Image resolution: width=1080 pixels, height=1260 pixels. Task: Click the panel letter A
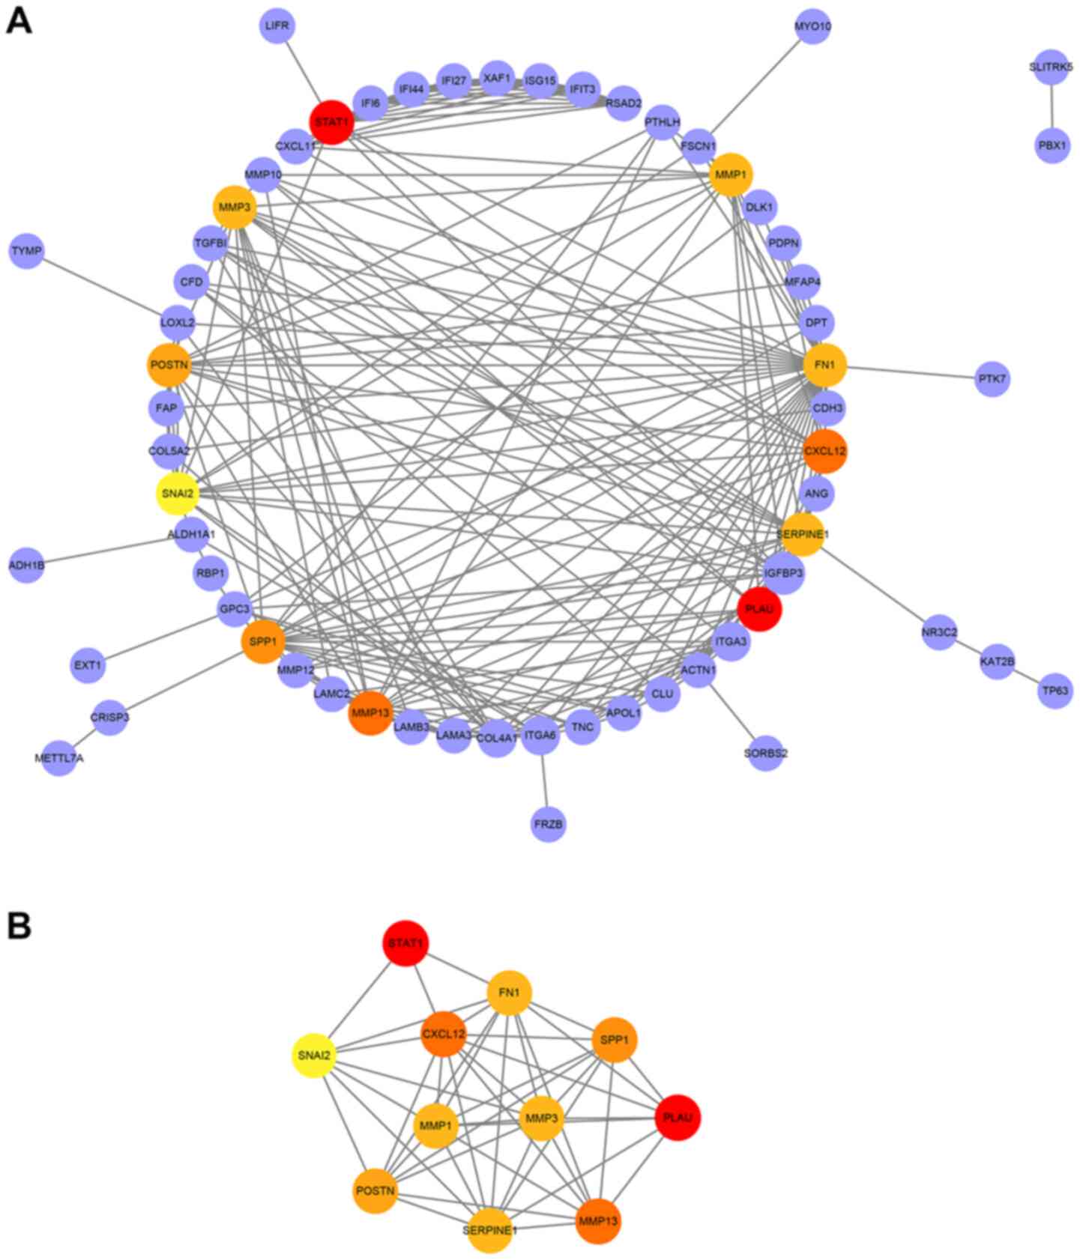point(19,21)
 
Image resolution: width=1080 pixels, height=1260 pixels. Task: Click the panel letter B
point(19,926)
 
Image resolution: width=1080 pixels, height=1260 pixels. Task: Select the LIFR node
point(277,26)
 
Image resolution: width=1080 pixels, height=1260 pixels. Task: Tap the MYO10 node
point(812,27)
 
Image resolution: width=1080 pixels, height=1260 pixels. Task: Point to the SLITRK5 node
point(1051,67)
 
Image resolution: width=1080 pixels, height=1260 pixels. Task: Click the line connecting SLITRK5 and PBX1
point(1052,106)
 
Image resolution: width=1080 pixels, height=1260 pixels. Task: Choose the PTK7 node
point(992,379)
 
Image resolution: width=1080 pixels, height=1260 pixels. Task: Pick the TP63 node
point(1055,691)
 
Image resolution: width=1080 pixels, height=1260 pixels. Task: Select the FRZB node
point(548,824)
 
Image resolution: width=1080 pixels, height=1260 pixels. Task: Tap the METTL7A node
point(59,758)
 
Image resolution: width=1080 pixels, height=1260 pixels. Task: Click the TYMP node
point(27,251)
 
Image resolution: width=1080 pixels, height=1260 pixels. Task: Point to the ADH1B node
point(27,566)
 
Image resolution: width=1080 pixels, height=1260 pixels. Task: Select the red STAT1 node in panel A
point(331,122)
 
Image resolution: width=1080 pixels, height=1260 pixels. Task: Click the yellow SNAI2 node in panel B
point(313,1055)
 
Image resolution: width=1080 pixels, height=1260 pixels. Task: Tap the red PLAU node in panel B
point(678,1118)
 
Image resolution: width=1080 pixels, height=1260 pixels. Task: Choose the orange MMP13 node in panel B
point(598,1222)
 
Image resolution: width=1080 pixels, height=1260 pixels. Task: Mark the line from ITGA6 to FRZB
point(544,780)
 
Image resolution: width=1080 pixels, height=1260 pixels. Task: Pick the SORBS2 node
point(765,753)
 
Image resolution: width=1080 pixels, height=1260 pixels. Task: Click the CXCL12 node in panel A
point(824,451)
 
